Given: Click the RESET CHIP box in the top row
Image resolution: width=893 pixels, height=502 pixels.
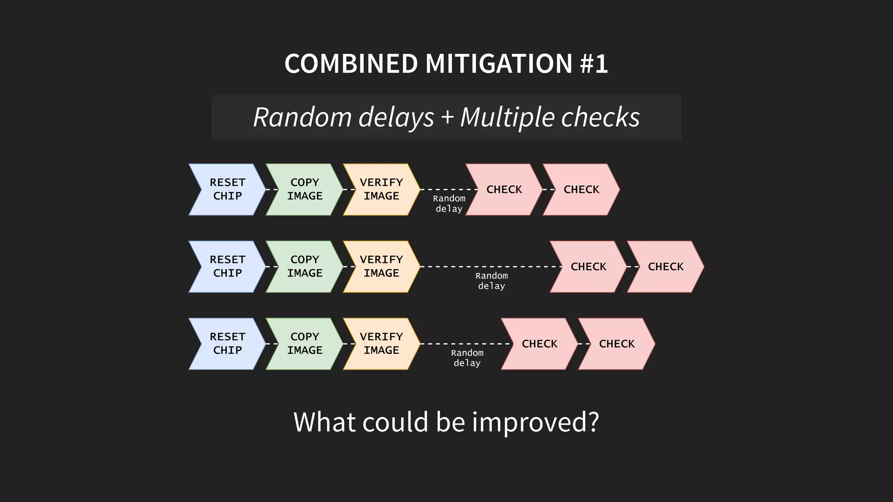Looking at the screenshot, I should [x=227, y=189].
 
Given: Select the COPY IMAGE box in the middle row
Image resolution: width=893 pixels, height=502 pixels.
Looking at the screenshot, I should [x=304, y=266].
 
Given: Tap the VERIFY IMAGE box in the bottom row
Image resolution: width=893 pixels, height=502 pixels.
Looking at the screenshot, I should [x=382, y=343].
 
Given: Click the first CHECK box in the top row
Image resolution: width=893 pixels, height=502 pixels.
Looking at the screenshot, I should [x=504, y=189].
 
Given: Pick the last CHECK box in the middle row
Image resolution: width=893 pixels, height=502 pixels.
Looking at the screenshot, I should [x=665, y=266].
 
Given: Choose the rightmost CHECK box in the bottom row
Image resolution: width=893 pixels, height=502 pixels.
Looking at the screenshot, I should [x=617, y=343].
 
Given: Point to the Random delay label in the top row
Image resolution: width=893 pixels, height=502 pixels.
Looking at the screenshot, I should [x=449, y=204].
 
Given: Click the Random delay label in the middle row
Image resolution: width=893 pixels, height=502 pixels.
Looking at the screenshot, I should [x=491, y=281].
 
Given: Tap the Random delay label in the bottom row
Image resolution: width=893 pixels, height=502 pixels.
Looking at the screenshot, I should [x=467, y=358].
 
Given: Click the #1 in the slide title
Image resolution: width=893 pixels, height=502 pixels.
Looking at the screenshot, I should [x=594, y=64].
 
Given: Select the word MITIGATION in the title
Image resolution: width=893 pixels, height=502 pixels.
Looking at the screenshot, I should [x=499, y=64].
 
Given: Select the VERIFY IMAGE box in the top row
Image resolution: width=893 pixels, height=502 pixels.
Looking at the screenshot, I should [x=382, y=189].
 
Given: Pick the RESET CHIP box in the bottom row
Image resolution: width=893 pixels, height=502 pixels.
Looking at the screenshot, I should [x=227, y=343].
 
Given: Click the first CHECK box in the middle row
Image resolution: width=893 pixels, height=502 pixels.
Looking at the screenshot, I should [x=588, y=266].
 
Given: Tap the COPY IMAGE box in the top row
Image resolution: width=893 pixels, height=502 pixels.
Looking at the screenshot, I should [x=304, y=189].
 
